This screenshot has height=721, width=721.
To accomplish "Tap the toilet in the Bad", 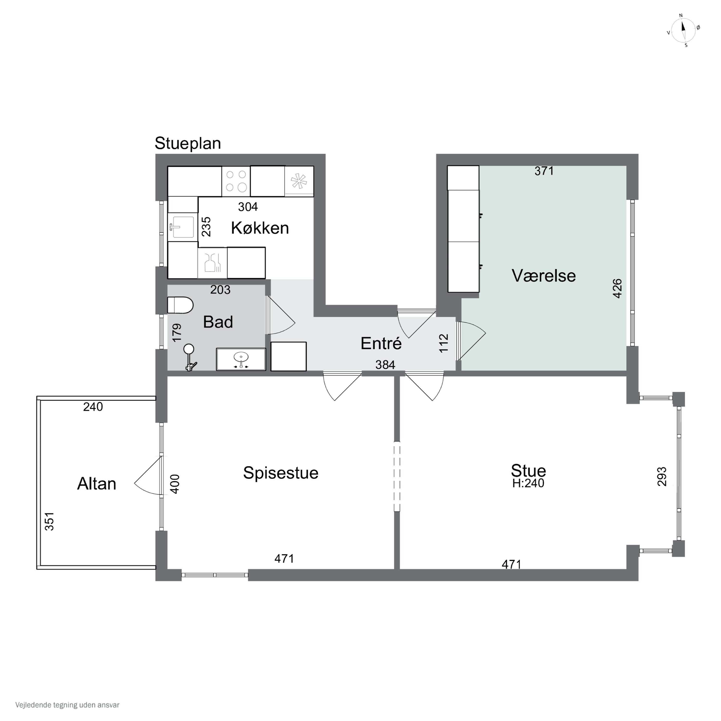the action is tap(180, 305).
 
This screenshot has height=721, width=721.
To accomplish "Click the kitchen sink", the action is tap(182, 227).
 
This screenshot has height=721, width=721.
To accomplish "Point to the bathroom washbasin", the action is tap(241, 359).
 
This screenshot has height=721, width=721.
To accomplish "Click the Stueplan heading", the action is tap(188, 143).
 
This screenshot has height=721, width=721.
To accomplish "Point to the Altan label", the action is tap(97, 484).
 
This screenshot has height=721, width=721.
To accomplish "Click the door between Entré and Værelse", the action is tap(471, 339).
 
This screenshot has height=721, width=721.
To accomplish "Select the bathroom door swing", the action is tap(281, 315).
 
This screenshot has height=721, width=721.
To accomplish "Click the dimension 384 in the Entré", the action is tap(385, 365).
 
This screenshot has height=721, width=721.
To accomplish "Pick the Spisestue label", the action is tap(281, 473).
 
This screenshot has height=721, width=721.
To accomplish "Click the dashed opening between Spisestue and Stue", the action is tap(397, 477).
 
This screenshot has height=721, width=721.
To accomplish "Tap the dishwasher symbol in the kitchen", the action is tap(212, 263).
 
